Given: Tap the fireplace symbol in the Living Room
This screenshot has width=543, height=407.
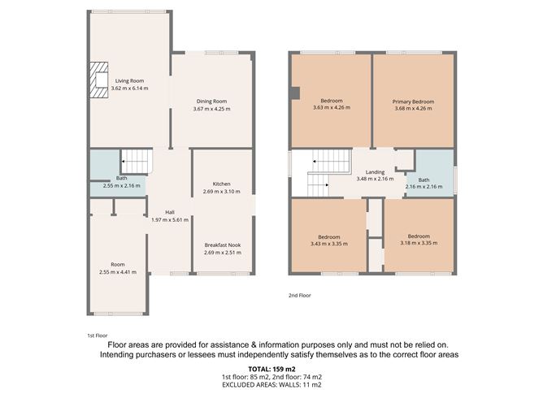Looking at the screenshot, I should pos(99,80).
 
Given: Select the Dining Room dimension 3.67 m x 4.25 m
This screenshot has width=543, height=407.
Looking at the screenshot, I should pos(211,109).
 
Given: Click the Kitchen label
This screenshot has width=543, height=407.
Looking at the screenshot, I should pos(222,184).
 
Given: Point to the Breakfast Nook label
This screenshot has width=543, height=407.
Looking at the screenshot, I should pos(222,245).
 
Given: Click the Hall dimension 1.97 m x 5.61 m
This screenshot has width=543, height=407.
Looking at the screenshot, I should pos(170,219).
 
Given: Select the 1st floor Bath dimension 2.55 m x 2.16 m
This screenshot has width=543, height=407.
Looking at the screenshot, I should pos(121,185).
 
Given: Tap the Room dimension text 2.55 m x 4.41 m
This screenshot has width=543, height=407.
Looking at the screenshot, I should pos(118,271).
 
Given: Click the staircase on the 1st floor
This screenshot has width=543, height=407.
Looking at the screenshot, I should pos(137,162).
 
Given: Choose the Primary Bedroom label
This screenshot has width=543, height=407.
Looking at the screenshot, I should pos(414,102).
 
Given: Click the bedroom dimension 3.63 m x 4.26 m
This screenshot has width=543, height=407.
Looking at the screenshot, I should pos(332,108).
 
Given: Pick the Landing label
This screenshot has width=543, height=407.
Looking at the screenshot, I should pos(375,172).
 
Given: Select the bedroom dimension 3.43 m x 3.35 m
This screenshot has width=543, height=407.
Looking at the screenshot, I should pos(329,243).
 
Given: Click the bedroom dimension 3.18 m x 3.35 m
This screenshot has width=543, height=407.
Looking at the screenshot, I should pos(419,243).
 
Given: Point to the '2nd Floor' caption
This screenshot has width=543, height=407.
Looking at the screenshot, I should pos(300,296).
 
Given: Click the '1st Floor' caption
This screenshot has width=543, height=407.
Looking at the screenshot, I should pos(97,335).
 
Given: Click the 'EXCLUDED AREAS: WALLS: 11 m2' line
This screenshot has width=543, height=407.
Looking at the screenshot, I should pos(271,386).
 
